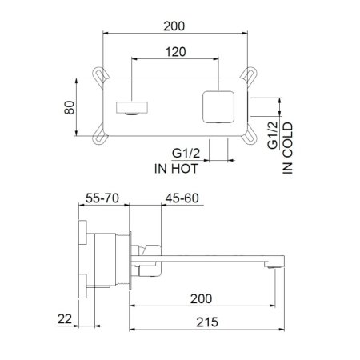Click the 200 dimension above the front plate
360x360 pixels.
(172, 26)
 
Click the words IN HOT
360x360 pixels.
(175, 169)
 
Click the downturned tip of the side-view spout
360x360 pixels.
(278, 263)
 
